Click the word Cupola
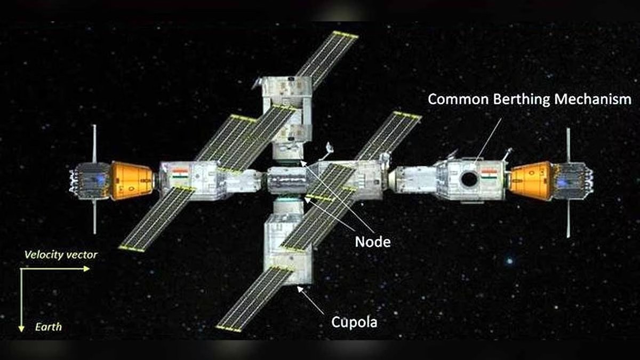tap(354, 322)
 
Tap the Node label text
tap(373, 242)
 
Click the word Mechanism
tap(593, 99)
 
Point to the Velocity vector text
tap(61, 255)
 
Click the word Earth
tap(49, 327)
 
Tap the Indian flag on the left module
tap(180, 173)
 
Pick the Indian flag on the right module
tap(490, 174)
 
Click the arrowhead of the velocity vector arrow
tap(86, 269)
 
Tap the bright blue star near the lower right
tap(510, 261)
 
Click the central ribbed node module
tap(287, 181)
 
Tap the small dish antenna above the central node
tap(329, 147)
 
